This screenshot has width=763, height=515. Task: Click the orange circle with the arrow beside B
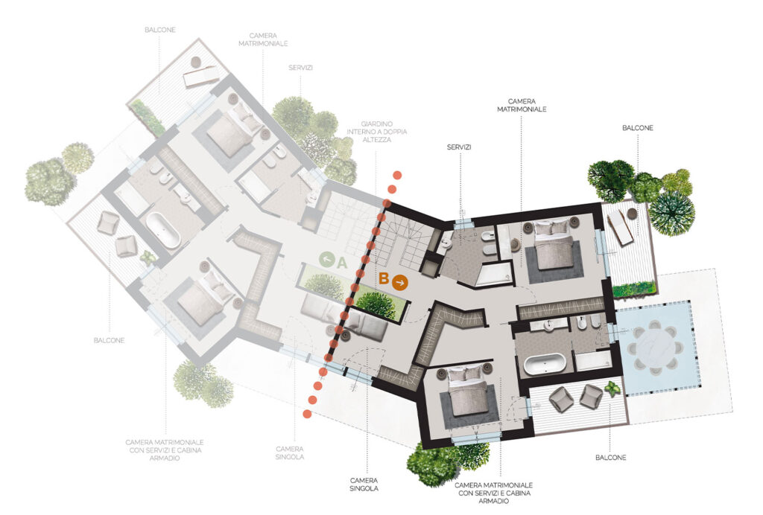[400, 282]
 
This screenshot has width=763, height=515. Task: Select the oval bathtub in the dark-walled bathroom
[545, 363]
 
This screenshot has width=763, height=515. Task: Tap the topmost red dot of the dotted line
[398, 175]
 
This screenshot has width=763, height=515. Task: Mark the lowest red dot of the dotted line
[306, 414]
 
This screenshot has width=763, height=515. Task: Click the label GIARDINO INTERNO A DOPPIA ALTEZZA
[376, 132]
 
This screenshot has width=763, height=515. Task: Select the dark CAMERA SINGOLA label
[364, 484]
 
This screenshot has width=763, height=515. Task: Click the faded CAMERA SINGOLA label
[290, 452]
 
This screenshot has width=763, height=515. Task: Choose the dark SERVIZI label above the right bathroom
[459, 147]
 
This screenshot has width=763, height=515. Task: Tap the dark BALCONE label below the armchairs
[611, 458]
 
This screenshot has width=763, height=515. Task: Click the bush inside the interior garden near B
[376, 304]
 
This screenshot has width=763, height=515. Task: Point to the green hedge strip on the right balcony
[635, 290]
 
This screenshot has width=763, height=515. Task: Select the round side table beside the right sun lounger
[632, 214]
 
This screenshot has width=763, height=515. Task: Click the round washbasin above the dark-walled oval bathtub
[548, 326]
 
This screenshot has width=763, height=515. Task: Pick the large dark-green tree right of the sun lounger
[671, 214]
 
